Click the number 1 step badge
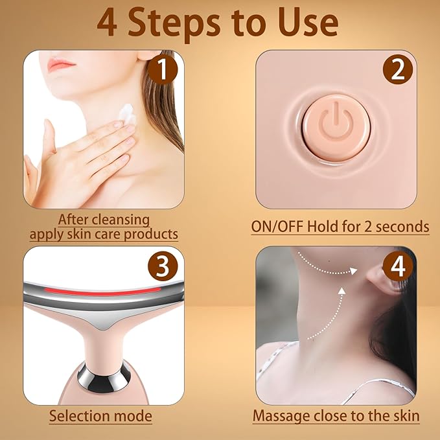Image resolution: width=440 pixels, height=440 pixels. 163,69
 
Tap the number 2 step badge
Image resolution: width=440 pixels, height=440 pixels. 398,69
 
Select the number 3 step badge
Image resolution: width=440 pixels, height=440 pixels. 163,266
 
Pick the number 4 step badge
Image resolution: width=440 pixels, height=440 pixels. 398,266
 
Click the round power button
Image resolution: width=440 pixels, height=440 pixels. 336,128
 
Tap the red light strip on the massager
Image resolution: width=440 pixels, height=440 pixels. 102,291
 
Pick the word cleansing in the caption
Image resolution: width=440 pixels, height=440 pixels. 121,220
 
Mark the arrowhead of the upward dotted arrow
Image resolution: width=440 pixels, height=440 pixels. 342,291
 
